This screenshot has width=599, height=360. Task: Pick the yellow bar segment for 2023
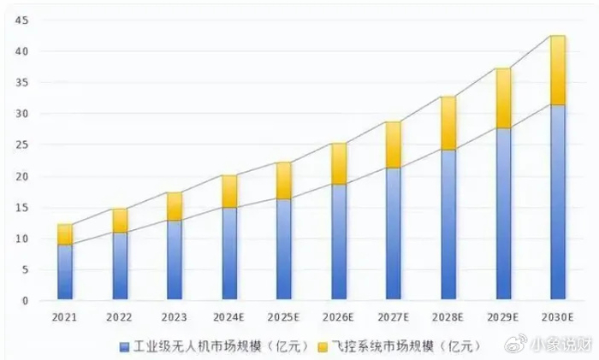point(175,206)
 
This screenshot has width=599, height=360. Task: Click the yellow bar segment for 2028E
point(448,123)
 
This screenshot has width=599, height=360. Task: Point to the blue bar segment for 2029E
point(503,214)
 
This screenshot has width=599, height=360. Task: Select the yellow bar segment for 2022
point(120,221)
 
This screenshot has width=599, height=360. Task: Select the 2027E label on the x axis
point(394,317)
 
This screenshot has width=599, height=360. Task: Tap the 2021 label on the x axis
point(65,317)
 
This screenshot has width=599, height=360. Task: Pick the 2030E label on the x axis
point(558,317)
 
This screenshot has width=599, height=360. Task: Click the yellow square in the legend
point(323,347)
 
